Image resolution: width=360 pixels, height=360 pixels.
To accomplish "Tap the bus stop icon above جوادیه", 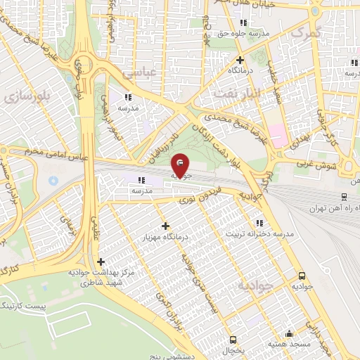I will pyautogui.click(x=302, y=276).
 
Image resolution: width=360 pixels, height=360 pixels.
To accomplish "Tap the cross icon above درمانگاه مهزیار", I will pyautogui.click(x=165, y=226).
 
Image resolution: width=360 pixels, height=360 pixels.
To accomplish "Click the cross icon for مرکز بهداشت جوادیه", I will pyautogui.click(x=101, y=262).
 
